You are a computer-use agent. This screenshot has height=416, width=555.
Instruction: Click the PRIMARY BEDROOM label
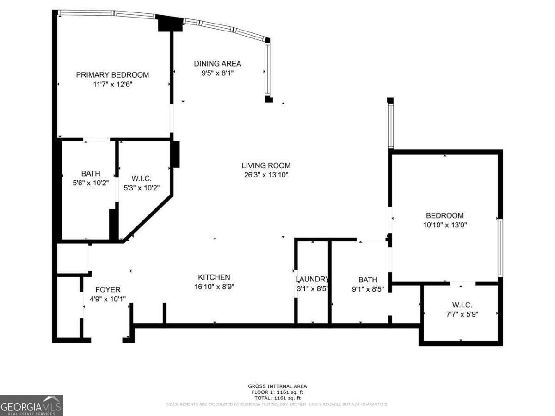point(112,75)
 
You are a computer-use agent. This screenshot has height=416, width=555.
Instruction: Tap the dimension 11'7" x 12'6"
point(112,85)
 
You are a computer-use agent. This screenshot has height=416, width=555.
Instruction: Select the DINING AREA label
point(217,64)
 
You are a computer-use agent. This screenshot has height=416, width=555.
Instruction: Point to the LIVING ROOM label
point(266,165)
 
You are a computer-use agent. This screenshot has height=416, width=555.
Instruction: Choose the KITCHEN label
point(214,277)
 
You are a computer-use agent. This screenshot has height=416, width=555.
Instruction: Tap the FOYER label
point(108,290)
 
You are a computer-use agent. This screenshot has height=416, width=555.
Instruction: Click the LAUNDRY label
point(312,280)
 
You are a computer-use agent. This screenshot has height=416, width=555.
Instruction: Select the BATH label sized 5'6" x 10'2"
point(91,174)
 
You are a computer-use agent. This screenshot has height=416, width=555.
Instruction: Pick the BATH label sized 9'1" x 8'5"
point(368,280)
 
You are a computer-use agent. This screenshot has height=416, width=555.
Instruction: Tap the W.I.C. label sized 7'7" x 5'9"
point(462,305)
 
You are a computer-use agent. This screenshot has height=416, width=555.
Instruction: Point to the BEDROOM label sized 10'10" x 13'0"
point(444,215)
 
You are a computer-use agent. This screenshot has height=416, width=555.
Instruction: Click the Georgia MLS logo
point(31,405)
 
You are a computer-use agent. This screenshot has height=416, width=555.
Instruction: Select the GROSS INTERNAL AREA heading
point(277,386)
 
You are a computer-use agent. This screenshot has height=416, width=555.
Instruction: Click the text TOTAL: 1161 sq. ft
point(277,398)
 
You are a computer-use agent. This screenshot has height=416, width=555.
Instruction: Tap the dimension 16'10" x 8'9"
point(214,287)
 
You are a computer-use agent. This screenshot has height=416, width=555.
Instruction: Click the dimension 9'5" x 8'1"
point(217,73)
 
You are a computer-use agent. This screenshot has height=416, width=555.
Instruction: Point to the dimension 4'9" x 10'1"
point(108,299)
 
